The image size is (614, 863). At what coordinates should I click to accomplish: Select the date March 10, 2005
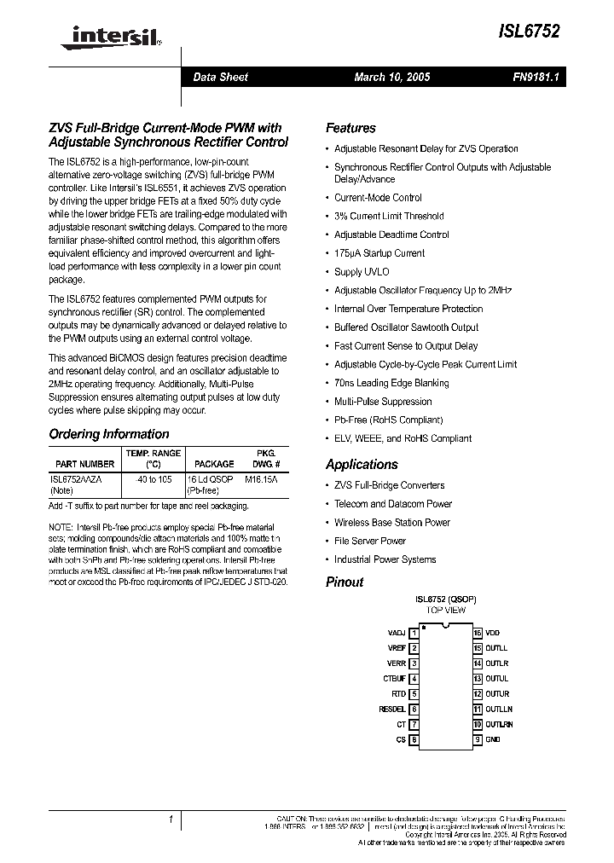[392, 77]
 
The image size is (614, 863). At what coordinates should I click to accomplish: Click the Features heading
[350, 128]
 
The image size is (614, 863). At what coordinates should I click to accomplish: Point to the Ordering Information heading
[108, 434]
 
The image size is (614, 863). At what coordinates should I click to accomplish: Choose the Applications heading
[362, 465]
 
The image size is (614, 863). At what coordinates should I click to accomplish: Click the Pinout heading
[345, 582]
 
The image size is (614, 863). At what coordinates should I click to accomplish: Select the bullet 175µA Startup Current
[379, 253]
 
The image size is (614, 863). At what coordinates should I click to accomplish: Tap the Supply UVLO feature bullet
[361, 272]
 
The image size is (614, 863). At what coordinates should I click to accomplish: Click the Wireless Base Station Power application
[391, 523]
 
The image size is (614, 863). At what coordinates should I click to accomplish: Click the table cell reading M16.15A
[261, 480]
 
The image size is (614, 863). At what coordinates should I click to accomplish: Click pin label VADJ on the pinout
[397, 634]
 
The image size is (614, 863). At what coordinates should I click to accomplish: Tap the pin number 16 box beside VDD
[478, 634]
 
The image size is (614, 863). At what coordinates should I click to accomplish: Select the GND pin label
[493, 739]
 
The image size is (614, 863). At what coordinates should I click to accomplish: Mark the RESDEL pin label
[392, 710]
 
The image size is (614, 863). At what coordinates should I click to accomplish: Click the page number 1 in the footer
[171, 820]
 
